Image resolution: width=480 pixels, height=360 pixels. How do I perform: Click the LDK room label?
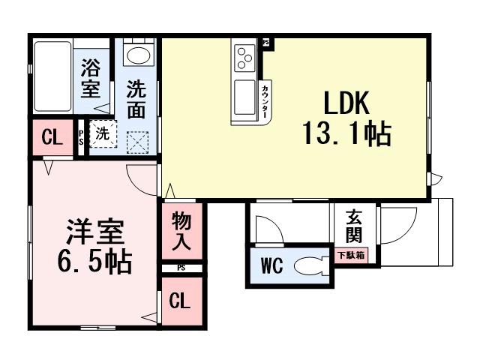[x=347, y=103]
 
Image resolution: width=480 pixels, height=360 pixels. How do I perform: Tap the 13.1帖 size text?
[x=346, y=134]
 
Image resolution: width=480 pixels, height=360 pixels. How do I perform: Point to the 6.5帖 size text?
[x=94, y=261]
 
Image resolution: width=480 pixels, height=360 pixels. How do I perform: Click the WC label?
[x=271, y=267]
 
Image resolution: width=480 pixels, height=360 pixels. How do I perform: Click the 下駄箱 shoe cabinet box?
[x=350, y=256]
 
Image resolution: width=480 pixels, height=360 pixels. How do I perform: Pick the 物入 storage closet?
[x=181, y=231]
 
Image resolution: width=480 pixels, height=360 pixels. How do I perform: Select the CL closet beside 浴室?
[x=51, y=137]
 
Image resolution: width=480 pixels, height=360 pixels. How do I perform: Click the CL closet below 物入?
[x=180, y=301]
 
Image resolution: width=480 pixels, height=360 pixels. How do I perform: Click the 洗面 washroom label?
[x=136, y=100]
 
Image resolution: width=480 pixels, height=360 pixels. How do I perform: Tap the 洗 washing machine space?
[x=102, y=135]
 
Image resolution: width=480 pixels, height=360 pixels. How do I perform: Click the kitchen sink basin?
[x=244, y=95]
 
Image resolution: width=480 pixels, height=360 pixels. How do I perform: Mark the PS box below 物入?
[x=181, y=268]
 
